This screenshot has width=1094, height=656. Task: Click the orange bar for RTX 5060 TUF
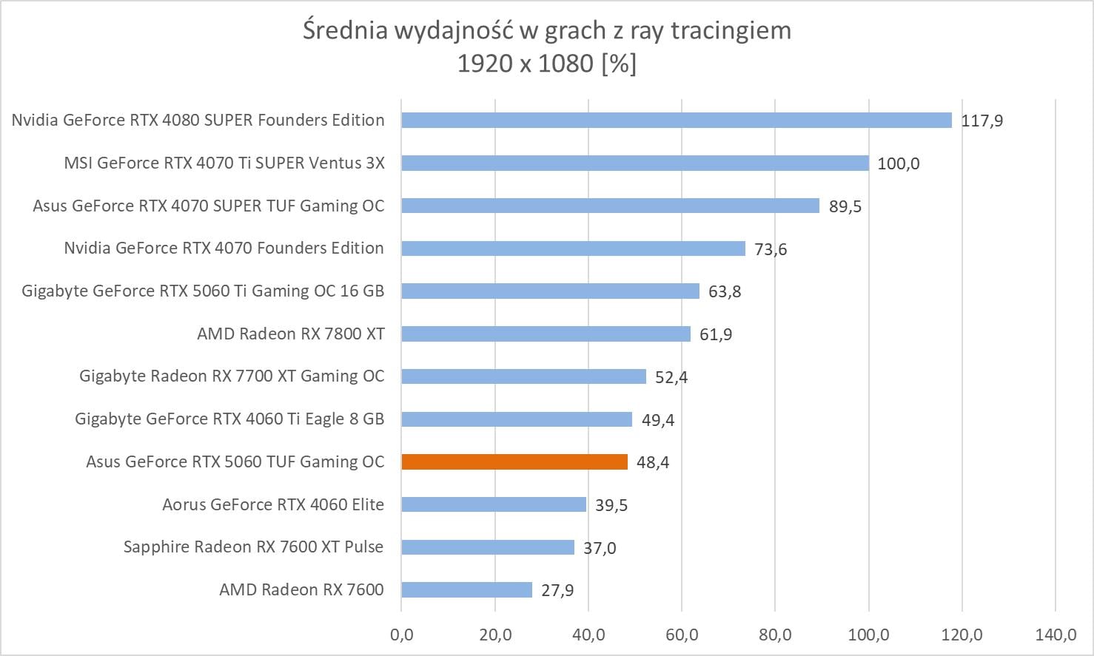514,461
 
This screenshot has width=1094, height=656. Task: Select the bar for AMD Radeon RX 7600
466,589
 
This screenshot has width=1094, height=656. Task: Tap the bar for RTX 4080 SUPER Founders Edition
677,120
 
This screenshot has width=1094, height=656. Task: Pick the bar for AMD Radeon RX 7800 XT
546,334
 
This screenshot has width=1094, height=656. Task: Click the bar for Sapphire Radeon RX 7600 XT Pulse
488,547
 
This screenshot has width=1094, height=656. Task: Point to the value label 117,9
981,121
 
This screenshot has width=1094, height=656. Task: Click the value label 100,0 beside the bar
898,163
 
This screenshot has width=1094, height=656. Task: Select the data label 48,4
652,462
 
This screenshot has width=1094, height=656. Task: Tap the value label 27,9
557,590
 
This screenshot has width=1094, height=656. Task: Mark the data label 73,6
770,249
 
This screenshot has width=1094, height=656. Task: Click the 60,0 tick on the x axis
682,635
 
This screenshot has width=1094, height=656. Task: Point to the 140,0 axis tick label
1056,635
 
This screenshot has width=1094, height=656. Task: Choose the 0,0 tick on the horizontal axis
401,635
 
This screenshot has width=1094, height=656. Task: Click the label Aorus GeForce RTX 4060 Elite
273,504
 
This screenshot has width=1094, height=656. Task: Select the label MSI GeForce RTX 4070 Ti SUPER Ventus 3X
224,163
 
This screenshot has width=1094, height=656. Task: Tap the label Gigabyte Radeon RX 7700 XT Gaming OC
232,376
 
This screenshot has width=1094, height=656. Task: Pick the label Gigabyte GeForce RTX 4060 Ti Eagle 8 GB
229,419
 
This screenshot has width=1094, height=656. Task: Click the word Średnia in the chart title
346,30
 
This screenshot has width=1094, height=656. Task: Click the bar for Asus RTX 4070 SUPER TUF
610,206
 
